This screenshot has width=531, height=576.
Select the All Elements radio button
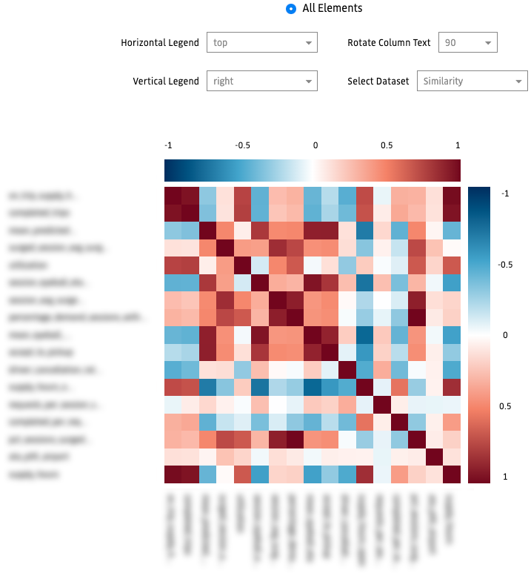pyautogui.click(x=290, y=9)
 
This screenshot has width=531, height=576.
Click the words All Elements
pyautogui.click(x=333, y=9)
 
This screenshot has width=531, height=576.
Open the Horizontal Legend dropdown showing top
pyautogui.click(x=262, y=43)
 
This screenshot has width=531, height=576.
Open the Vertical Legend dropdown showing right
pyautogui.click(x=262, y=81)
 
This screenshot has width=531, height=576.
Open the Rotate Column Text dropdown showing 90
pyautogui.click(x=467, y=43)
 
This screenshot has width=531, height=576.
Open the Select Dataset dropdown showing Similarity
pyautogui.click(x=472, y=81)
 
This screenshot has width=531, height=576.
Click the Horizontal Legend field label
pyautogui.click(x=160, y=43)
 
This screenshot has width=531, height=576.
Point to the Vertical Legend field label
pyautogui.click(x=166, y=81)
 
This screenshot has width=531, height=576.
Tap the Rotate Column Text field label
pyautogui.click(x=389, y=43)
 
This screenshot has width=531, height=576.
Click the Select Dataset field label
pyautogui.click(x=378, y=81)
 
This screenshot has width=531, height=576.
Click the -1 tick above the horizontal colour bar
pyautogui.click(x=168, y=145)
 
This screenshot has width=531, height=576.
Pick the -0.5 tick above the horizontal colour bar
pyautogui.click(x=241, y=145)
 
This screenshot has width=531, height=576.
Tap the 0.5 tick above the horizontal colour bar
pyautogui.click(x=387, y=145)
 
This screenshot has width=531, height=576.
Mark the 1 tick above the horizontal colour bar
pyautogui.click(x=458, y=145)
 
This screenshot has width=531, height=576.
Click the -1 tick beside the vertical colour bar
pyautogui.click(x=504, y=193)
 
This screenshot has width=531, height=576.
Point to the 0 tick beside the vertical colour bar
pyautogui.click(x=506, y=335)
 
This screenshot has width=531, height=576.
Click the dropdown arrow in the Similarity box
pyautogui.click(x=517, y=81)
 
